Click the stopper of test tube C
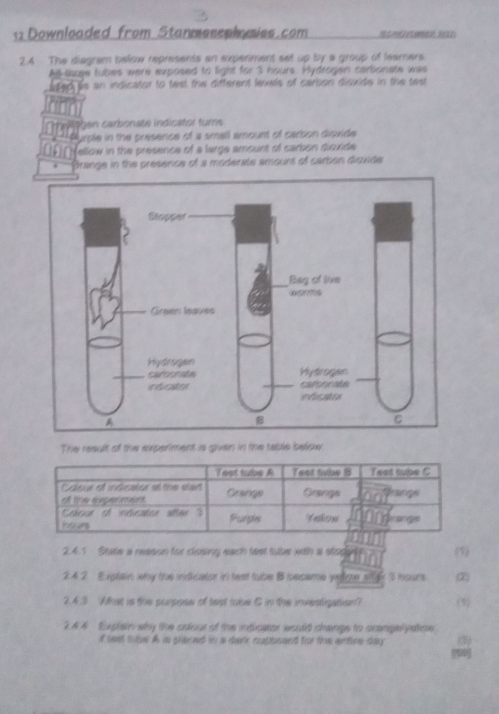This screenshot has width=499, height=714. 392,221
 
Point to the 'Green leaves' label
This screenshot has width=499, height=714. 183,311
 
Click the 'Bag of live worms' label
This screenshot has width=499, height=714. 314,285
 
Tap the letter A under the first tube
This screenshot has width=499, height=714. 109,422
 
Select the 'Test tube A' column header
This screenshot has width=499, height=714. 244,472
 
